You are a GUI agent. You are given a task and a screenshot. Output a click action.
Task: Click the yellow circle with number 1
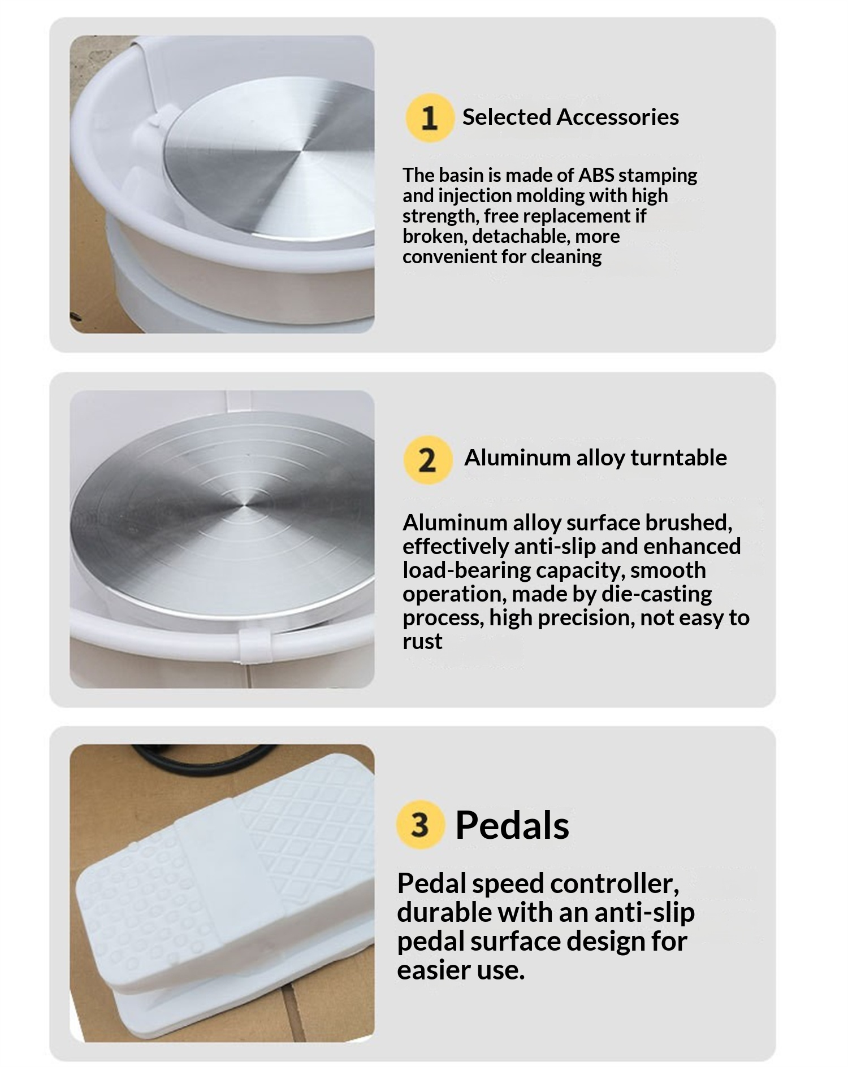click(430, 117)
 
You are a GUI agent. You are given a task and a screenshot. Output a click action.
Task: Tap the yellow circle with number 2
click(428, 459)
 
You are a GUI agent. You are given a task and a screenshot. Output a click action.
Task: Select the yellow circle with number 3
click(420, 824)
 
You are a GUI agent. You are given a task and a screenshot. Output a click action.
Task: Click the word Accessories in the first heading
click(617, 117)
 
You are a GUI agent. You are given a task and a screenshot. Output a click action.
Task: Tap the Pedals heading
click(512, 825)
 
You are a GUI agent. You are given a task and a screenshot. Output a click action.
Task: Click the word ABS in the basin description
click(596, 175)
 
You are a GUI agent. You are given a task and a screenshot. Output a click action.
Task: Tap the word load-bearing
click(466, 570)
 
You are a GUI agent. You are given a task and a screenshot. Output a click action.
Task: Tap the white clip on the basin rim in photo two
click(252, 646)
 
